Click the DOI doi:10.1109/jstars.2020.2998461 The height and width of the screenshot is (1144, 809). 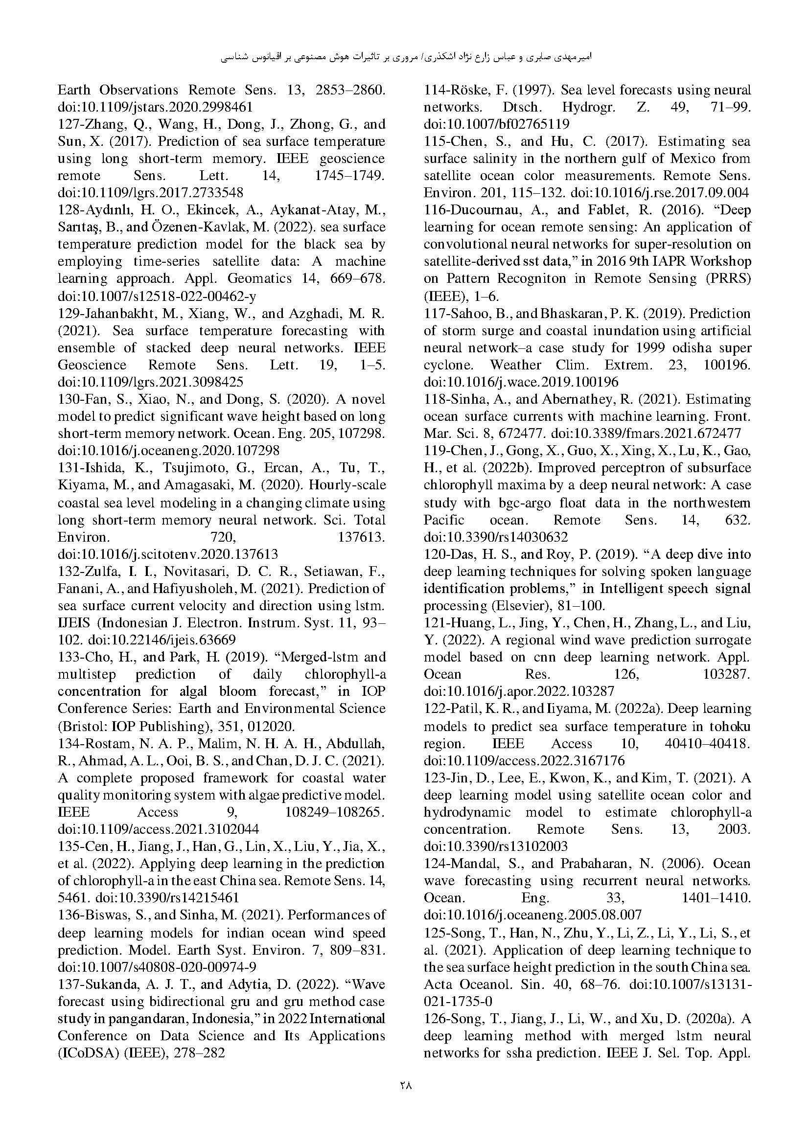coord(156,107)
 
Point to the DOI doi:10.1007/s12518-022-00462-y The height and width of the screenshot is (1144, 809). coord(157,296)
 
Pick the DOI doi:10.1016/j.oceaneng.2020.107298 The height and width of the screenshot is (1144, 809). coord(168,451)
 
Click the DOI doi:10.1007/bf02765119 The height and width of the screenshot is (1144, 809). coord(496,124)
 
